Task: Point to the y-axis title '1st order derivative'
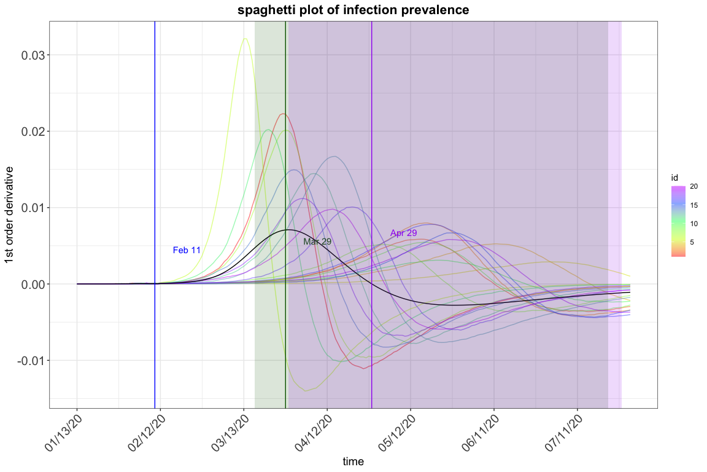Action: coord(10,214)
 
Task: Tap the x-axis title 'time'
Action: coord(353,461)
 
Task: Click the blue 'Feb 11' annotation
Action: coord(187,250)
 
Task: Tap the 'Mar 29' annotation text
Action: coord(317,242)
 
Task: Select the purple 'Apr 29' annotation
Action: coord(403,233)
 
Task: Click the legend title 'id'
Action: coord(674,178)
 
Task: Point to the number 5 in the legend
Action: coord(692,242)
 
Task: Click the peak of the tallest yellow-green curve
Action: coord(245,39)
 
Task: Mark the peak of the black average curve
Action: coord(287,230)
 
